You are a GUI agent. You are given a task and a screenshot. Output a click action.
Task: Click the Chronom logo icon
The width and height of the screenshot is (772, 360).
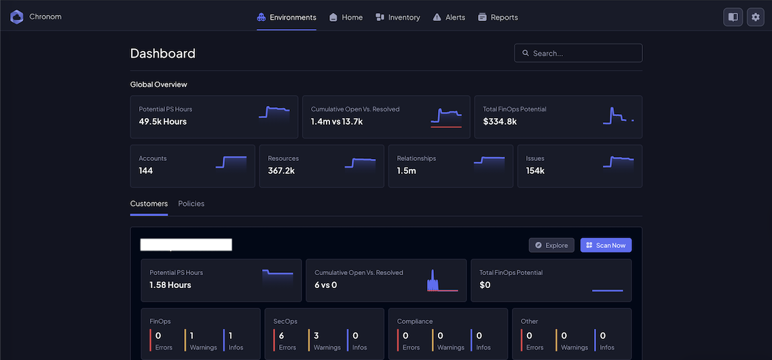16,17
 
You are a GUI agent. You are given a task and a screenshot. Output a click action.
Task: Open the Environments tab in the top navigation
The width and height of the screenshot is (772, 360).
287,17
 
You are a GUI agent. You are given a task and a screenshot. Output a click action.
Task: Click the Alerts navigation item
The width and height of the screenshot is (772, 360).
449,17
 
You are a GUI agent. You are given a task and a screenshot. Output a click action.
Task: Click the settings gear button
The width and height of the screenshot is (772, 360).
756,17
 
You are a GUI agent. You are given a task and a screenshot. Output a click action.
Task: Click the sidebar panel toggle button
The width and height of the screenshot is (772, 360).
733,17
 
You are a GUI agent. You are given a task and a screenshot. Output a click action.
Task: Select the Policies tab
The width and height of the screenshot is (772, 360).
191,204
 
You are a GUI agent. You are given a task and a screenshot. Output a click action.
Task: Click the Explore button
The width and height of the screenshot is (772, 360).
551,245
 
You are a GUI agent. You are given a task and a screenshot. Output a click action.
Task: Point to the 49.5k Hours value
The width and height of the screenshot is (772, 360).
162,122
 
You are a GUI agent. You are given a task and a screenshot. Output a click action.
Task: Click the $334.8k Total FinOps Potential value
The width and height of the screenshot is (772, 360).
500,122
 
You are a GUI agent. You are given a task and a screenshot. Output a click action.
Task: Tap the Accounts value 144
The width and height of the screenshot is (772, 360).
146,170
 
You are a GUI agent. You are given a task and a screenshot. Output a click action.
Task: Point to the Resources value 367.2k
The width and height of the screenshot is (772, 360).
281,170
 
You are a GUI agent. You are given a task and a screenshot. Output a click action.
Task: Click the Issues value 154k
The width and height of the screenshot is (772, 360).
535,170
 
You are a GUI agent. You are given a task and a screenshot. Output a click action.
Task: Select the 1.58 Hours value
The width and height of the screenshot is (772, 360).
170,285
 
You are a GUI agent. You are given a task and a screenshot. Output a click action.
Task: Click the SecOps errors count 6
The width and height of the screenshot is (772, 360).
281,336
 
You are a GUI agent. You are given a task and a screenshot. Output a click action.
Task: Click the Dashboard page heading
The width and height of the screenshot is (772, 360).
162,54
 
